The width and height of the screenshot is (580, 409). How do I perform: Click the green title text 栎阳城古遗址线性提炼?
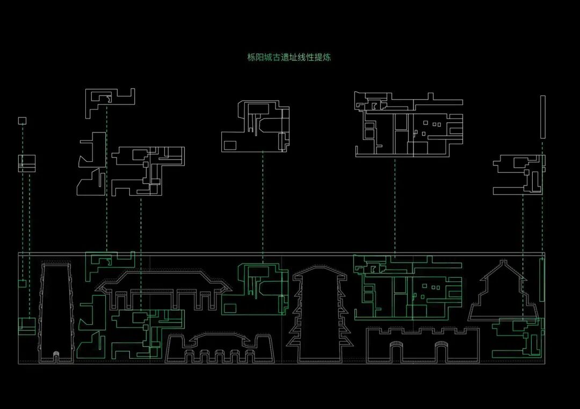288,57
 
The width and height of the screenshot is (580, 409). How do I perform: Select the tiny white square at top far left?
22,121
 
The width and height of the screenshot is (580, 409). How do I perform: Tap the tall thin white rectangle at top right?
543,116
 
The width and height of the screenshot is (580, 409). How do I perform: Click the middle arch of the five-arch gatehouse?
219,357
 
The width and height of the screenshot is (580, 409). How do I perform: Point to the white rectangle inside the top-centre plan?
230,145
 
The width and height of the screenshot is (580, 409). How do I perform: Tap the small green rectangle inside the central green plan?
230,308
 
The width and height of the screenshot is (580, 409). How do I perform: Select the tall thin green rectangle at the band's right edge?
542,279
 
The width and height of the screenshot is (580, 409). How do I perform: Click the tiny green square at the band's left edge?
22,283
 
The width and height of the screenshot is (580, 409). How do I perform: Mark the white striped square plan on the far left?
26,163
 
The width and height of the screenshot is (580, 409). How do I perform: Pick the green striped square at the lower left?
26,326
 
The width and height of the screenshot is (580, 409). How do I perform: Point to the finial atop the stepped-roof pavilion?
503,263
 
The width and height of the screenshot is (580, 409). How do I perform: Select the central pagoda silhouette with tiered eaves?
320,316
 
